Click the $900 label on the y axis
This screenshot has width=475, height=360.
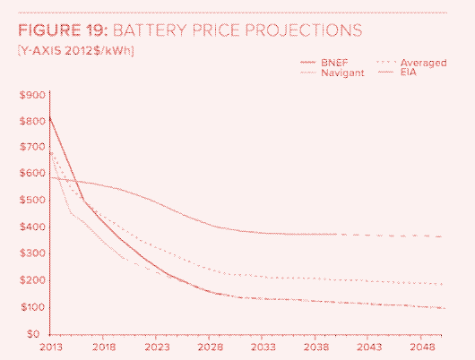(x=34, y=94)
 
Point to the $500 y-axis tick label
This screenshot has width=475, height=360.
(x=34, y=201)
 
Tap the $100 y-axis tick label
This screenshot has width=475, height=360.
(x=34, y=307)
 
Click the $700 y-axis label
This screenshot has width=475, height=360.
(x=34, y=147)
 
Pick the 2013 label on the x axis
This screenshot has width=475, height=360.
(x=50, y=346)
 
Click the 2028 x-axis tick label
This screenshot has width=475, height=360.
(x=211, y=346)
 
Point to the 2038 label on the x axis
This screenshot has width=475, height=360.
(x=316, y=346)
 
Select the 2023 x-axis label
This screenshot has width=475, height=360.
(x=158, y=346)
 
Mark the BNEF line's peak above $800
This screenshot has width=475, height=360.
(x=49, y=116)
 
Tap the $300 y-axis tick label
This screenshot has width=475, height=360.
(x=34, y=253)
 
